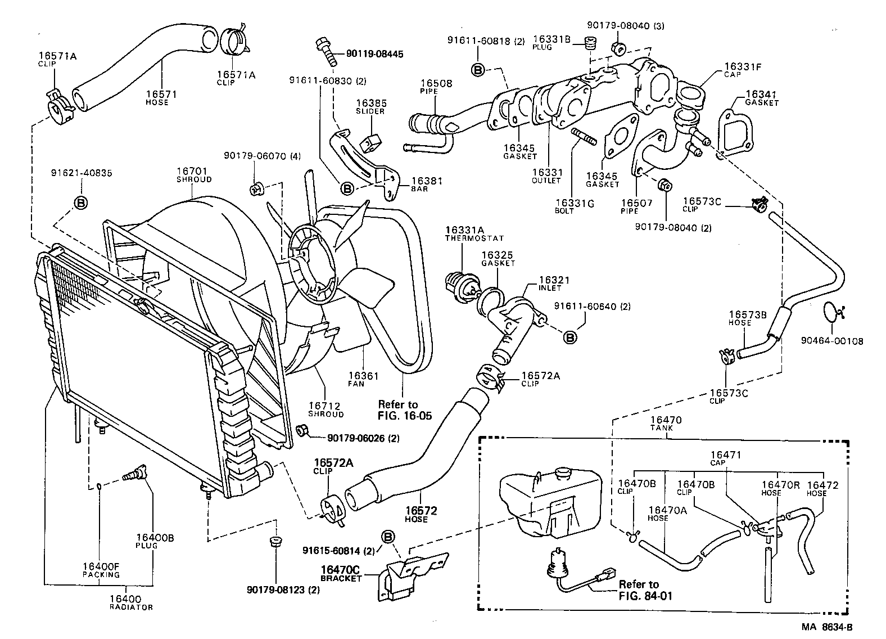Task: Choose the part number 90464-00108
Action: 832,341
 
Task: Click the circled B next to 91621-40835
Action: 81,202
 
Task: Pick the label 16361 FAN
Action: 363,379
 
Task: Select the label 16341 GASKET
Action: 761,98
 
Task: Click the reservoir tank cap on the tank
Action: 562,472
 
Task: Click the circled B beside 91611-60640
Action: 569,337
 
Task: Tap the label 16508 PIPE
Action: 436,87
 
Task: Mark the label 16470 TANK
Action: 666,423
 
